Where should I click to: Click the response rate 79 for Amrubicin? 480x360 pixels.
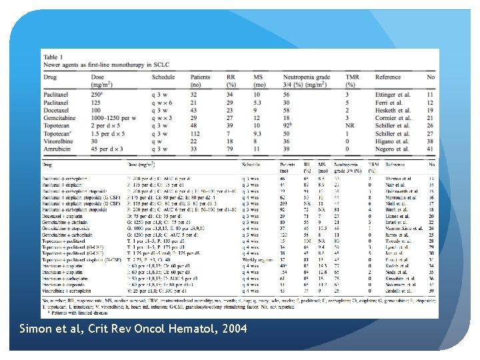[x=231, y=148]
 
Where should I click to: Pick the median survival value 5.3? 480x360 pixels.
[x=258, y=103]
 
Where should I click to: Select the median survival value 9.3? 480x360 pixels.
[x=258, y=133]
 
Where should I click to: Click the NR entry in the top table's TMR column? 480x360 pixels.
[x=350, y=125]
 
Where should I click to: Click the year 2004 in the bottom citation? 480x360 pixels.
[x=231, y=329]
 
